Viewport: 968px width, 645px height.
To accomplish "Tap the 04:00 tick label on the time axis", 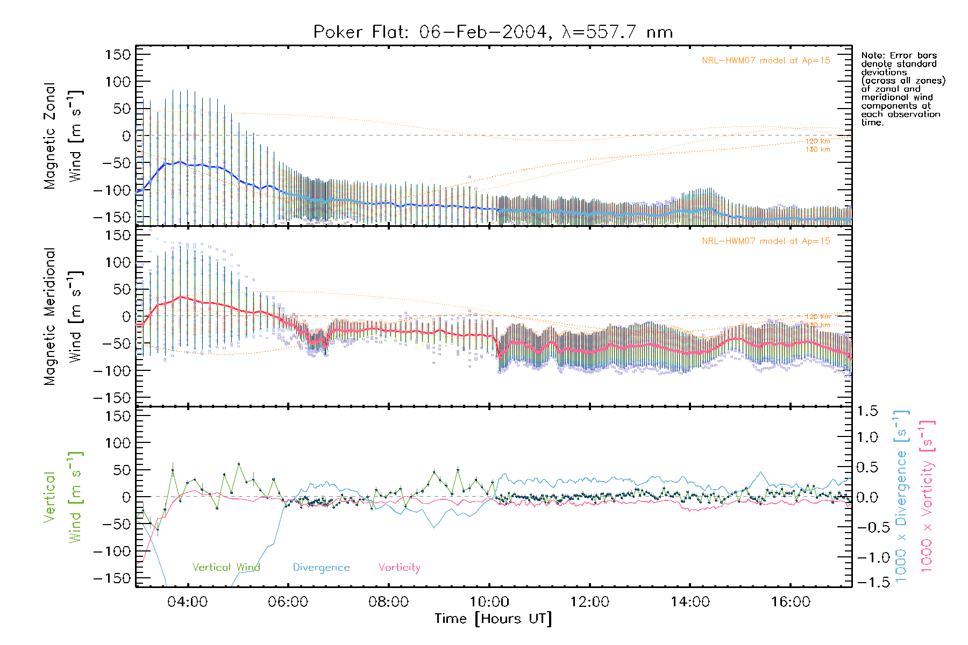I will pyautogui.click(x=187, y=601).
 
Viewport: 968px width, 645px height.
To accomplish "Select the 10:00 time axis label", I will pyautogui.click(x=489, y=601).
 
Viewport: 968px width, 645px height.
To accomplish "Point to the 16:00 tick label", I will pyautogui.click(x=791, y=601).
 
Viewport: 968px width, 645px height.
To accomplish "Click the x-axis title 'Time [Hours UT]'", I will pyautogui.click(x=493, y=619).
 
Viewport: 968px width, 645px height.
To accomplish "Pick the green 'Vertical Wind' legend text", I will pyautogui.click(x=226, y=567).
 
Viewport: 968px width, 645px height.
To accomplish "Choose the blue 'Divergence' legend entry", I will pyautogui.click(x=321, y=567).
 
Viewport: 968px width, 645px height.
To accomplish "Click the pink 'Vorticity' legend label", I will pyautogui.click(x=399, y=567).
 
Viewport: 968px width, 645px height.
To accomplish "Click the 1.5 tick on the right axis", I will pyautogui.click(x=867, y=411).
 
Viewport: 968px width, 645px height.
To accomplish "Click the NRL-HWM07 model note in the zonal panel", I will pyautogui.click(x=766, y=61).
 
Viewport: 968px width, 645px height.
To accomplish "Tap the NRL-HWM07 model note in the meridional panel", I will pyautogui.click(x=766, y=241).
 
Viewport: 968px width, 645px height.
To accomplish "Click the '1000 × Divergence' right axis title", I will pyautogui.click(x=901, y=496).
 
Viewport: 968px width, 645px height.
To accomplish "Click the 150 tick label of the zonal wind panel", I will pyautogui.click(x=118, y=54).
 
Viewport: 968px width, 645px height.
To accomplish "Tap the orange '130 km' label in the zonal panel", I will pyautogui.click(x=817, y=149).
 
